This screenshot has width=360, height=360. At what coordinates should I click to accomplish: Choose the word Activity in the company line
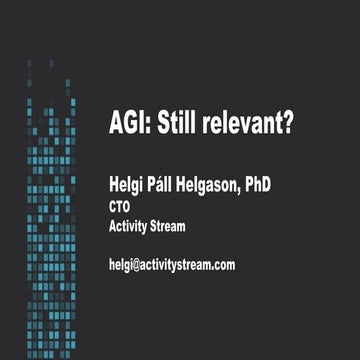[129, 225]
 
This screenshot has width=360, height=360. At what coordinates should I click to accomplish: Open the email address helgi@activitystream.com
[172, 265]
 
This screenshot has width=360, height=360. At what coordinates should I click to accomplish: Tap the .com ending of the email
[221, 265]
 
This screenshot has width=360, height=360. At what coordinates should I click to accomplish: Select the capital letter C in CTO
[112, 208]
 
